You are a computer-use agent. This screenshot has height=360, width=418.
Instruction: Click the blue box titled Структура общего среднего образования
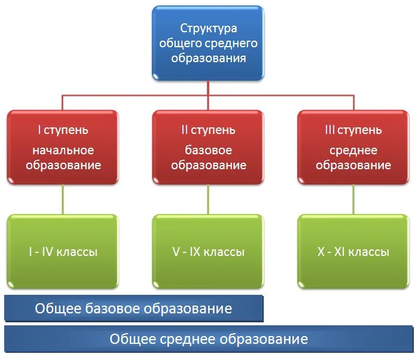click(x=208, y=43)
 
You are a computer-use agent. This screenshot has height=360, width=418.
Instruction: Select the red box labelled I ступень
click(x=62, y=147)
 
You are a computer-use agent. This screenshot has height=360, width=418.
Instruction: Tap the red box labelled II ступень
click(x=208, y=147)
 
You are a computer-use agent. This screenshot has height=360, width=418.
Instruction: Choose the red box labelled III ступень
click(x=353, y=147)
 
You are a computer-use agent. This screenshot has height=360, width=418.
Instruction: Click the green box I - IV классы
click(x=62, y=252)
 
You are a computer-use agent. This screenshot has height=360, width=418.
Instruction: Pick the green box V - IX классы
click(x=208, y=252)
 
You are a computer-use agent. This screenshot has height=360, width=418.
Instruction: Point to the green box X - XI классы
click(x=353, y=252)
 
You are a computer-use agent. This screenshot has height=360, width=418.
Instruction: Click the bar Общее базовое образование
click(x=133, y=309)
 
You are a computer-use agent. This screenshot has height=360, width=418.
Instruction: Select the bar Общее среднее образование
click(x=208, y=339)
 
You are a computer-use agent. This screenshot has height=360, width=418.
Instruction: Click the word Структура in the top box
click(x=208, y=28)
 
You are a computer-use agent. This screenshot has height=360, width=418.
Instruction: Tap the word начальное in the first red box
click(x=63, y=151)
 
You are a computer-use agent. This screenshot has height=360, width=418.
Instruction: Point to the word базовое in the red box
click(x=208, y=151)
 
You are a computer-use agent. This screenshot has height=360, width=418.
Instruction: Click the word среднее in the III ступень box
click(x=353, y=151)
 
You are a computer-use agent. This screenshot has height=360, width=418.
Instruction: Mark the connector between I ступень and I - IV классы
click(x=62, y=199)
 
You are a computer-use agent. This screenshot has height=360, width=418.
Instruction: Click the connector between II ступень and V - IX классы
click(x=208, y=199)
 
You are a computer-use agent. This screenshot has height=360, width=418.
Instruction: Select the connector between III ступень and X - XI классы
click(x=353, y=199)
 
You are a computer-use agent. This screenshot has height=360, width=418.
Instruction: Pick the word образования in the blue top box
click(x=208, y=58)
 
